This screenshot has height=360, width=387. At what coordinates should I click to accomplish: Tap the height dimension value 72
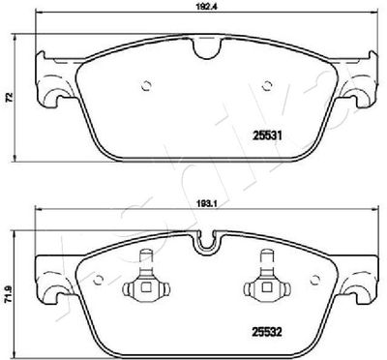(x=10, y=96)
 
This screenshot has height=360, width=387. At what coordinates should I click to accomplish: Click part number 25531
(x=267, y=136)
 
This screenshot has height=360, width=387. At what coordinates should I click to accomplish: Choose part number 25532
(x=267, y=331)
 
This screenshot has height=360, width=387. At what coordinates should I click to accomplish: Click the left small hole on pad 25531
(x=147, y=86)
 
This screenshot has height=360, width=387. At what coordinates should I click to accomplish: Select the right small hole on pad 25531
(x=266, y=86)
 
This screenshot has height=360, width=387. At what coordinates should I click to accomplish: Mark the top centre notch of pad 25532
(x=207, y=242)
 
